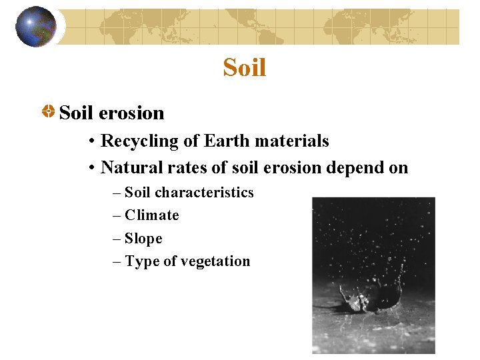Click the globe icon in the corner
pyautogui.click(x=36, y=27)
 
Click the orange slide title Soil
pyautogui.click(x=245, y=67)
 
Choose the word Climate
pyautogui.click(x=152, y=215)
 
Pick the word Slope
pyautogui.click(x=143, y=239)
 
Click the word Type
pyautogui.click(x=141, y=262)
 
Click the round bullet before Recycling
pyautogui.click(x=91, y=142)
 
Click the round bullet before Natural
pyautogui.click(x=91, y=168)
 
